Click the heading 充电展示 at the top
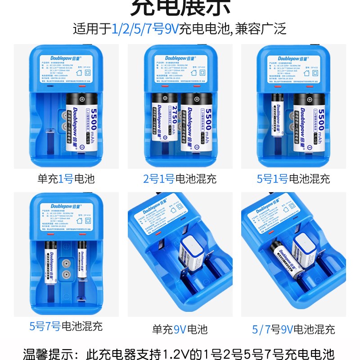180,8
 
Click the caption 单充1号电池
66,179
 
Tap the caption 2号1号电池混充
180,179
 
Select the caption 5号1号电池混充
293,179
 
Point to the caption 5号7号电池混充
66,326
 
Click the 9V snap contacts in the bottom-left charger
66,269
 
